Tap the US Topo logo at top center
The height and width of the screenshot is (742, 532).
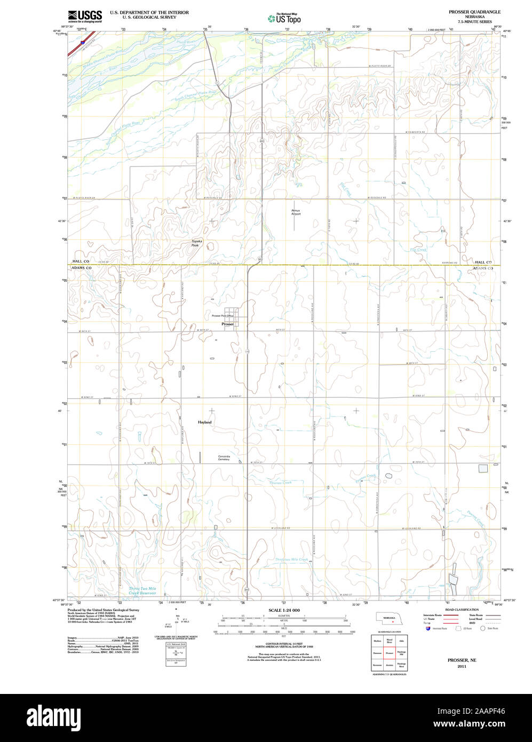coord(284,18)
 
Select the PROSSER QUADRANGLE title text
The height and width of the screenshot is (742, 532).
coord(474,11)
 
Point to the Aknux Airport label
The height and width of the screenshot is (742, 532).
coord(296,212)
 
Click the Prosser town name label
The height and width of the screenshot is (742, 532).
coord(227,324)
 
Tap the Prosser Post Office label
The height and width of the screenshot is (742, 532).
coord(223,315)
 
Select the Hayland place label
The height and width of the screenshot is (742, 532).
coord(204,422)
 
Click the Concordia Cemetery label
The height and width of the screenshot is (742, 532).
coord(224,457)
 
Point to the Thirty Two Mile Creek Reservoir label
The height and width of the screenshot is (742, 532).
coord(142,590)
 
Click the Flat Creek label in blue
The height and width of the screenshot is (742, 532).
coord(418,250)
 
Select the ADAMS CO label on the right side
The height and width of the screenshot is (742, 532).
coord(483,268)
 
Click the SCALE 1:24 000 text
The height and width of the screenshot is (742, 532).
coord(284,610)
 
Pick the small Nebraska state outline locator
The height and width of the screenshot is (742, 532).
coord(390,618)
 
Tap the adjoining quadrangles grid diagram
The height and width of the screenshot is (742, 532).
coord(390,652)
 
